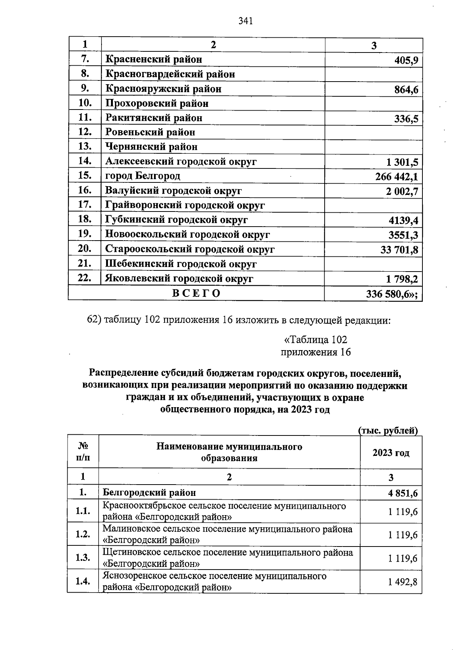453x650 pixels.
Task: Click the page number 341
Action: [x=245, y=21]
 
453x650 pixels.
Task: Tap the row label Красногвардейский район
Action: [x=170, y=74]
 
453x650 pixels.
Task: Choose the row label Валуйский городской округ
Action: [x=173, y=191]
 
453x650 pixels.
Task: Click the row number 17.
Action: [x=85, y=205]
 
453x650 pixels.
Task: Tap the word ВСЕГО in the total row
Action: [x=196, y=293]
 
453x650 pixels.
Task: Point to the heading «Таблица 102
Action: [x=316, y=340]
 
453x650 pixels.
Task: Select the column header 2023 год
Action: [x=391, y=452]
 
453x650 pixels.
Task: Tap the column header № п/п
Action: [x=83, y=452]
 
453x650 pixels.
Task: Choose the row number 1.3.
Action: [x=83, y=557]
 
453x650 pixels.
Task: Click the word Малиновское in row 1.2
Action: [x=127, y=529]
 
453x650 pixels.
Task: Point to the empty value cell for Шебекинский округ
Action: [x=373, y=264]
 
